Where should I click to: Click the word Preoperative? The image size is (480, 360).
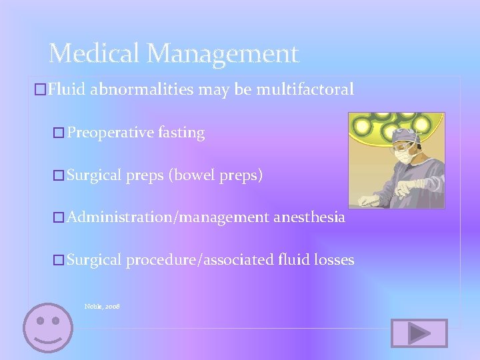(110, 133)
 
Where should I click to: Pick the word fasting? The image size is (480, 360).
(181, 133)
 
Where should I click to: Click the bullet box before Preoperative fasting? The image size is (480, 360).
(58, 133)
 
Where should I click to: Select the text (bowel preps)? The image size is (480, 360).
(215, 175)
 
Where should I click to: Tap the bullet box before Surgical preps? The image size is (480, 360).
(58, 176)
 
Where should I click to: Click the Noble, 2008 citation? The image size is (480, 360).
(102, 306)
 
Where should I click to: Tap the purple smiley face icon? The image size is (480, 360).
(48, 328)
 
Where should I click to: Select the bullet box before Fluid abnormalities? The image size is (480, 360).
(39, 90)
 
